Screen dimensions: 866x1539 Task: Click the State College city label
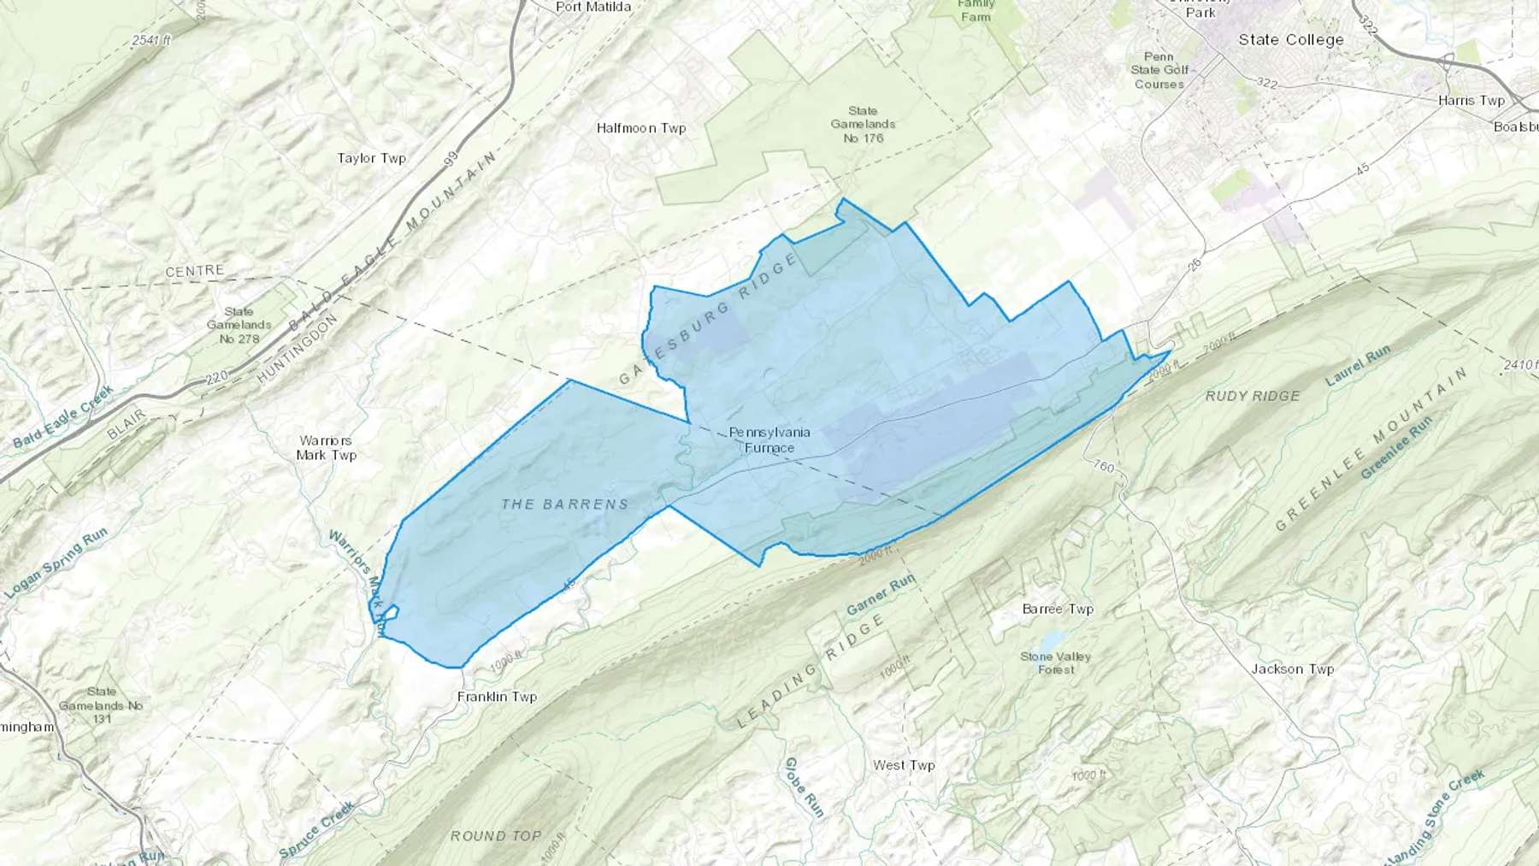point(1291,39)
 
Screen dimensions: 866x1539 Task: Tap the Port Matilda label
point(593,7)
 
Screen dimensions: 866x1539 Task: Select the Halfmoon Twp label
point(641,128)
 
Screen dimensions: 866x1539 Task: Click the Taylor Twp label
point(371,158)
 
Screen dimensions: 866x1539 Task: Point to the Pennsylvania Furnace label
point(769,439)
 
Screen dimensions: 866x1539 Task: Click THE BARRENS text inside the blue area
point(565,504)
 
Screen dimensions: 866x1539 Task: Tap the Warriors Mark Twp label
point(327,448)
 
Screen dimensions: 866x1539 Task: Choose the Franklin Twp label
point(497,697)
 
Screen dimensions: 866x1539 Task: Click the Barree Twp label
point(1058,610)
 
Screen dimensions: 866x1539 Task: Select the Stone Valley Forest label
point(1056,663)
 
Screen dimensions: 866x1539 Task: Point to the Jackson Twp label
point(1292,669)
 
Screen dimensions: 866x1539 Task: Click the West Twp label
point(904,765)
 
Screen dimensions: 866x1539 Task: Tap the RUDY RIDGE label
point(1253,396)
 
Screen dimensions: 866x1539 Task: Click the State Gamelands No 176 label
point(863,124)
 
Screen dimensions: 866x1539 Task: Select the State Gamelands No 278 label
point(239,325)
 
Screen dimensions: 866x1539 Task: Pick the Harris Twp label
point(1471,100)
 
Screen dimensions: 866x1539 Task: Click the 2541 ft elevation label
point(151,39)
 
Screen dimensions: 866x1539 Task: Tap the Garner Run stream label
point(881,595)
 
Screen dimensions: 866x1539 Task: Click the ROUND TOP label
point(496,835)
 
